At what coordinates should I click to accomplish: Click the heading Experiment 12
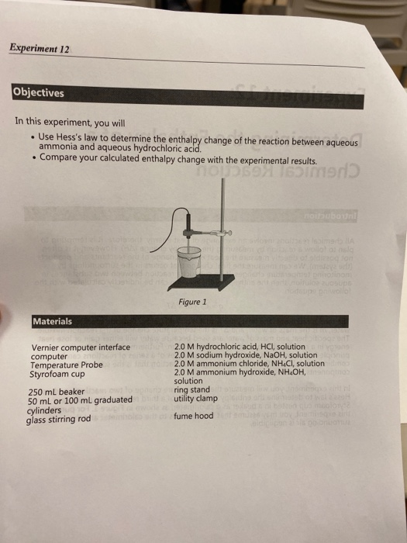click(40, 48)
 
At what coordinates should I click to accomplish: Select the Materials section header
click(53, 320)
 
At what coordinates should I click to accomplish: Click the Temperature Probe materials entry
click(66, 365)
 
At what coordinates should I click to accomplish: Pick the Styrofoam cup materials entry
click(58, 373)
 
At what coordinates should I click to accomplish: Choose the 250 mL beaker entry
click(55, 392)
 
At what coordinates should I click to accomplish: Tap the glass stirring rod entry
click(59, 420)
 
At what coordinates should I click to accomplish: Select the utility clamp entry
click(195, 398)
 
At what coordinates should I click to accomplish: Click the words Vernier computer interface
click(81, 347)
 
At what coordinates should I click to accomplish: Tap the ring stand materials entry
click(192, 389)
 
